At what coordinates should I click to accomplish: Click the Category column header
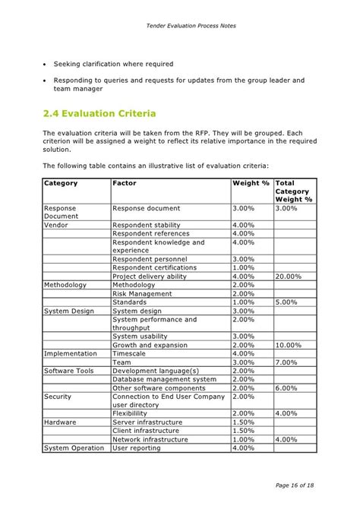(61, 183)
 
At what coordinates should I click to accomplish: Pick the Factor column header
(125, 183)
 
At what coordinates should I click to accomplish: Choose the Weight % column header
(251, 183)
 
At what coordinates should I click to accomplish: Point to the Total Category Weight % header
(294, 191)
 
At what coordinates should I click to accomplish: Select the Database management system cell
(164, 379)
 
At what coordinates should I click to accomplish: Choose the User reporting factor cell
(137, 447)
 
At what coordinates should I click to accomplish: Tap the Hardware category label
(60, 422)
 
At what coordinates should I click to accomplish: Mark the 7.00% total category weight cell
(287, 362)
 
